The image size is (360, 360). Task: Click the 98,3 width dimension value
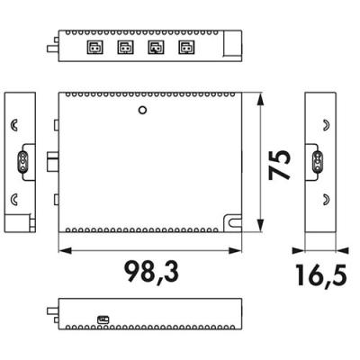pyautogui.click(x=151, y=272)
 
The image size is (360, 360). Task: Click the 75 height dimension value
pyautogui.click(x=279, y=165)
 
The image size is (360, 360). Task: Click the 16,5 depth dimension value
pyautogui.click(x=321, y=274)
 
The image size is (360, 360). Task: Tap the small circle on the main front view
pyautogui.click(x=142, y=110)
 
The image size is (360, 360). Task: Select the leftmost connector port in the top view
pyautogui.click(x=94, y=48)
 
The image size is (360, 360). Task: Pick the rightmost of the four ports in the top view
pyautogui.click(x=186, y=48)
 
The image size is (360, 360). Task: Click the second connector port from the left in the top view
pyautogui.click(x=125, y=48)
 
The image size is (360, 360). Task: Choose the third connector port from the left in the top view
pyautogui.click(x=156, y=48)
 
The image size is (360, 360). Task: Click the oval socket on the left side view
pyautogui.click(x=22, y=162)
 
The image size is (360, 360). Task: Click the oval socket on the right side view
pyautogui.click(x=318, y=162)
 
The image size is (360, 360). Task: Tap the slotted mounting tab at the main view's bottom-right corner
pyautogui.click(x=233, y=222)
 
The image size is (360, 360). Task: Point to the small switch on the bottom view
pyautogui.click(x=103, y=319)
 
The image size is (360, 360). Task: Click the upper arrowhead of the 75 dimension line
pyautogui.click(x=261, y=99)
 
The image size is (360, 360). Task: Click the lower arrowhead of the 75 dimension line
pyautogui.click(x=261, y=225)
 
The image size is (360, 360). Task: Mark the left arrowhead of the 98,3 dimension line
pyautogui.click(x=65, y=250)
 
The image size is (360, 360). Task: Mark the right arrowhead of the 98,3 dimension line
pyautogui.click(x=235, y=250)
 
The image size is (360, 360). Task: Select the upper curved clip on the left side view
pyautogui.click(x=14, y=125)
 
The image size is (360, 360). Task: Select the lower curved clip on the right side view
pyautogui.click(x=326, y=200)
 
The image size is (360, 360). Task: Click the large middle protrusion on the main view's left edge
pyautogui.click(x=53, y=161)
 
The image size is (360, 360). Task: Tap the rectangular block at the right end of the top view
pyautogui.click(x=233, y=43)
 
